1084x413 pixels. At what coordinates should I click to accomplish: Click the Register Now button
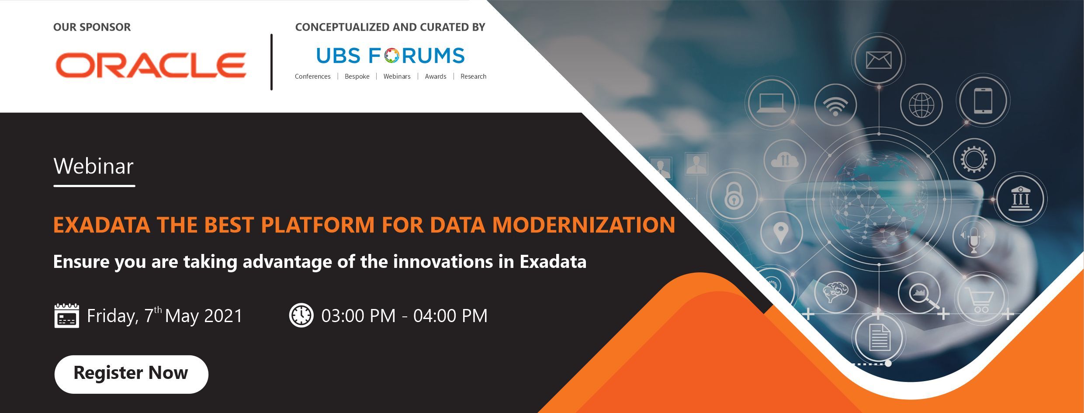pos(131,374)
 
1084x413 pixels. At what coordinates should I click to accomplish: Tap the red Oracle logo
pos(151,65)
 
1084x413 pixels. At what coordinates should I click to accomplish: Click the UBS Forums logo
pos(390,56)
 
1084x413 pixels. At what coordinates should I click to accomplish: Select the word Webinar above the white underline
pos(94,166)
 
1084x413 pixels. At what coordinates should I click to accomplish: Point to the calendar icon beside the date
pos(66,316)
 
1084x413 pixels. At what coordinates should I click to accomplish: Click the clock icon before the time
pos(301,315)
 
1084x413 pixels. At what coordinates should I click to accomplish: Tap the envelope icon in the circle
pos(878,60)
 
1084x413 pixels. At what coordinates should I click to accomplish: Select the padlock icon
pos(734,196)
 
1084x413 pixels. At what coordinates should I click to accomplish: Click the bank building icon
pos(1020,199)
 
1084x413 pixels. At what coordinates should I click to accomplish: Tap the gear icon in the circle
pos(973,159)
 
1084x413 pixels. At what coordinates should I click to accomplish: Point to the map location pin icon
pos(781,233)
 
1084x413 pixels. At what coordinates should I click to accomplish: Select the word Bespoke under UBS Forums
pos(357,76)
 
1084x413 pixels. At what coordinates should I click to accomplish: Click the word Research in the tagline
pos(473,76)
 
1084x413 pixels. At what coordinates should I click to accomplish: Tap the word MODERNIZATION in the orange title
pos(583,225)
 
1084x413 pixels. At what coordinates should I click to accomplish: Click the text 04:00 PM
pos(450,316)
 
